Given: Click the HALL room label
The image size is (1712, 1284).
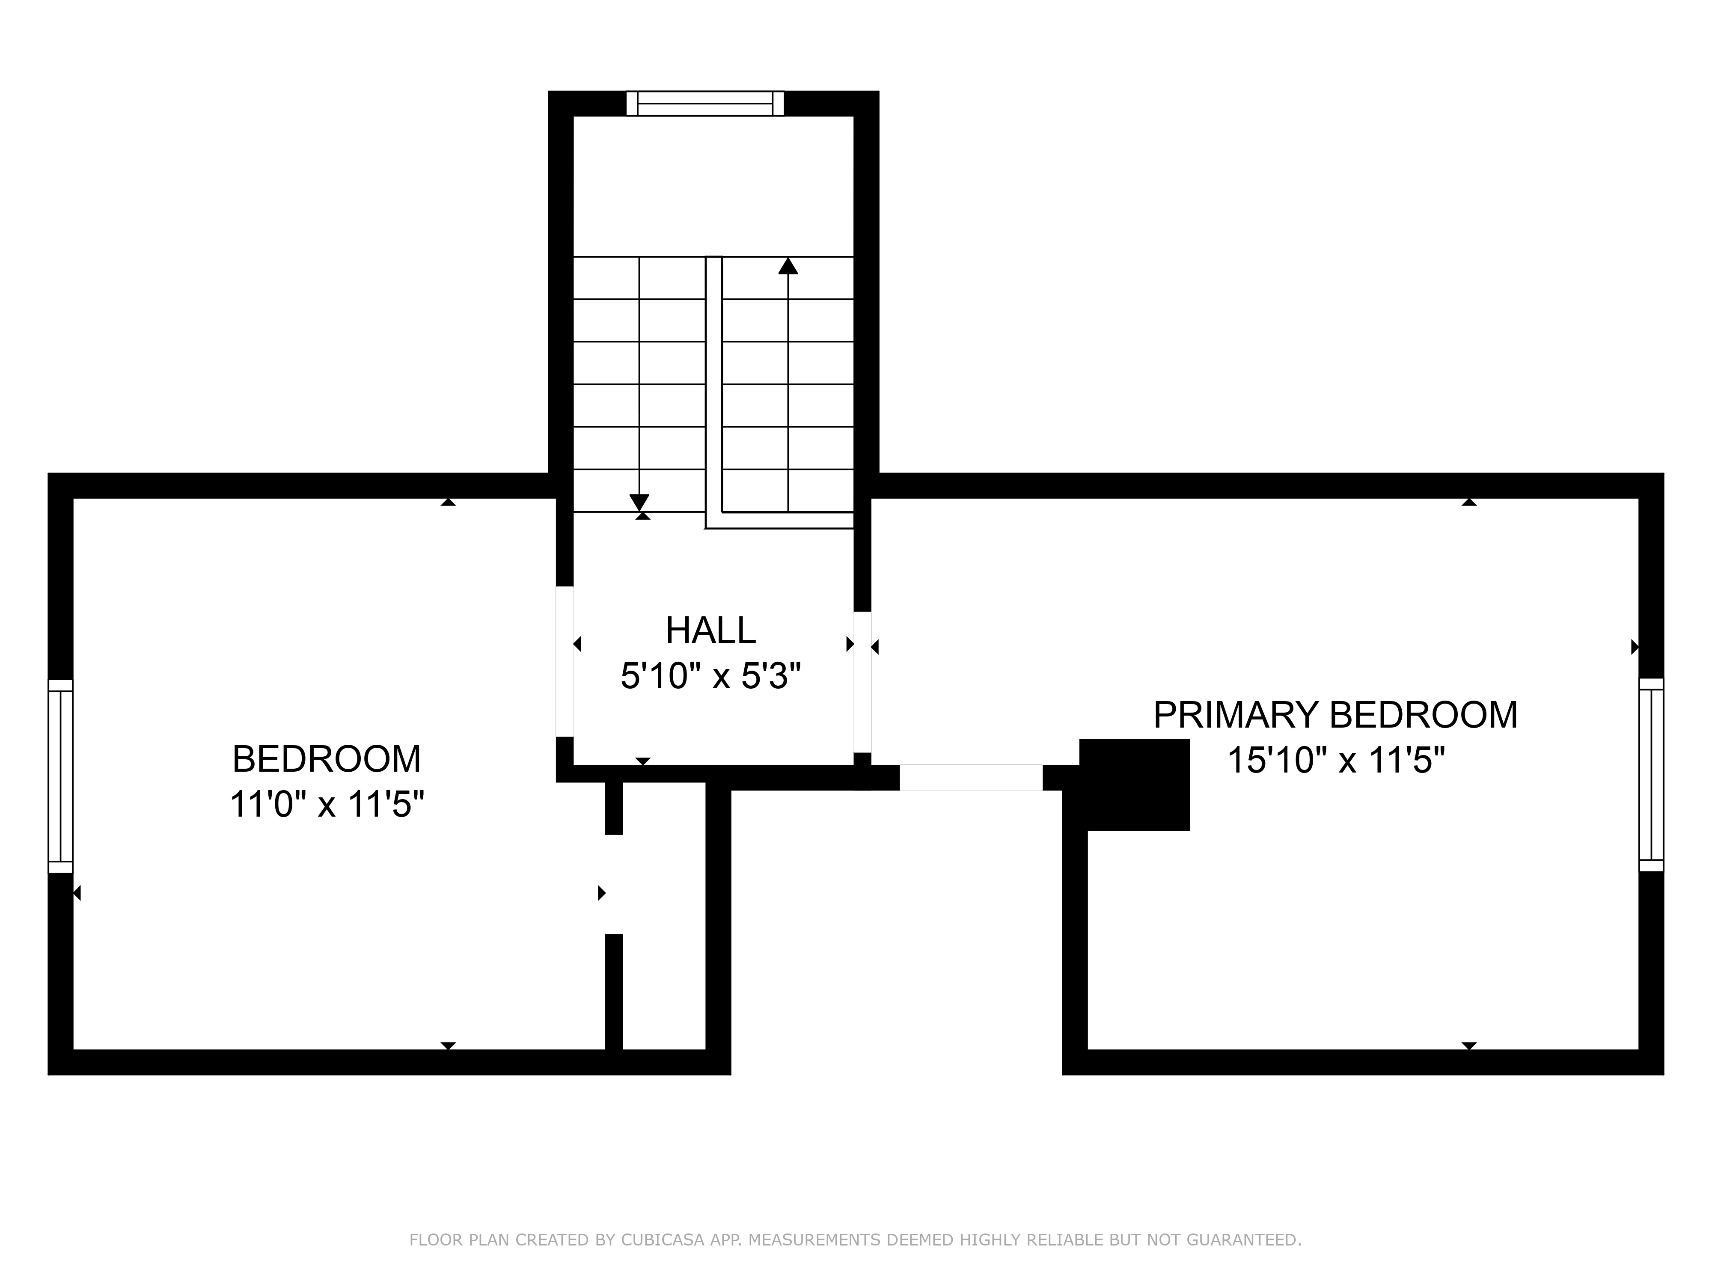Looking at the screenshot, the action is pyautogui.click(x=710, y=631).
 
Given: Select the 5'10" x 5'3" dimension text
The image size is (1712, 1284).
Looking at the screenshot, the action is pyautogui.click(x=710, y=676).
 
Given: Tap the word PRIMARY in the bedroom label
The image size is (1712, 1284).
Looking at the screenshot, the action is pyautogui.click(x=1236, y=715).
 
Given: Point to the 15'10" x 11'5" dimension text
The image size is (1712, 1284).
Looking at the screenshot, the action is pyautogui.click(x=1337, y=760).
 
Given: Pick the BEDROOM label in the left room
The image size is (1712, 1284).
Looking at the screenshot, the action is pyautogui.click(x=327, y=759).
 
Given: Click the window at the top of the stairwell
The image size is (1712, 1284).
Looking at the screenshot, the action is pyautogui.click(x=705, y=104).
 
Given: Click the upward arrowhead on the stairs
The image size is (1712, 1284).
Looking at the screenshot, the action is pyautogui.click(x=788, y=265).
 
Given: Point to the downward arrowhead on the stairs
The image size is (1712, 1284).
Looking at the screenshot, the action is pyautogui.click(x=639, y=503).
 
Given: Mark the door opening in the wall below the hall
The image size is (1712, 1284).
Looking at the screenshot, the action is pyautogui.click(x=971, y=778).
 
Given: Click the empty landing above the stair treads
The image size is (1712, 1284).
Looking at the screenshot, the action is pyautogui.click(x=713, y=186).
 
